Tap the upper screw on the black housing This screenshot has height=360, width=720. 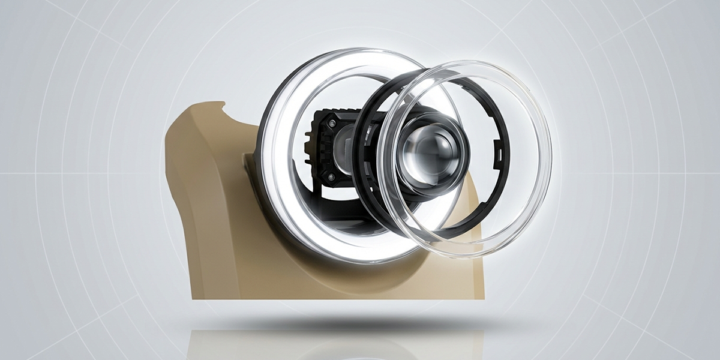[331, 122]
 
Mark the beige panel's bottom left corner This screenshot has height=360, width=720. [193, 296]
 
